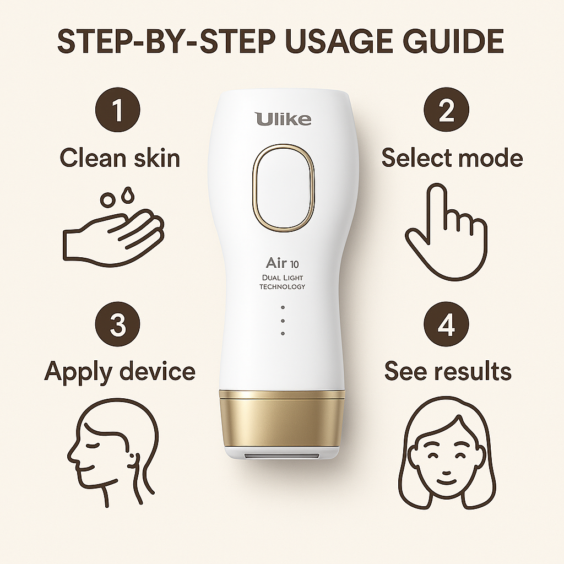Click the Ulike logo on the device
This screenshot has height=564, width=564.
pos(283,118)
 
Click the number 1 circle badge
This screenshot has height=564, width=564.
pos(118,110)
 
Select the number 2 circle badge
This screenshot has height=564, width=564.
pos(446,110)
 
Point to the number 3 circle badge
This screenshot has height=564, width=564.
pos(118,325)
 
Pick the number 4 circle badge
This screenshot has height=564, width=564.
pos(446,325)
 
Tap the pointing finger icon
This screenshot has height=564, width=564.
pos(446,231)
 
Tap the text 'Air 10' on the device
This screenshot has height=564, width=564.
pos(283,262)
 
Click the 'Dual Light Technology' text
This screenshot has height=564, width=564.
pos(283,283)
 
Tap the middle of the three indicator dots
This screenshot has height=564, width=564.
pos(283,321)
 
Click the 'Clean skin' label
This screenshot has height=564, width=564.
pos(120,158)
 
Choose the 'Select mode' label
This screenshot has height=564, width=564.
pos(452,158)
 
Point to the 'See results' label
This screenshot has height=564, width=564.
pos(448,371)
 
